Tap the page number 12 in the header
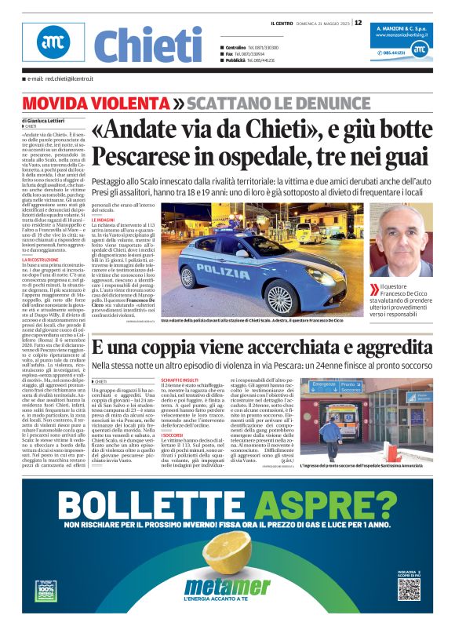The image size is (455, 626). pyautogui.click(x=359, y=23)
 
